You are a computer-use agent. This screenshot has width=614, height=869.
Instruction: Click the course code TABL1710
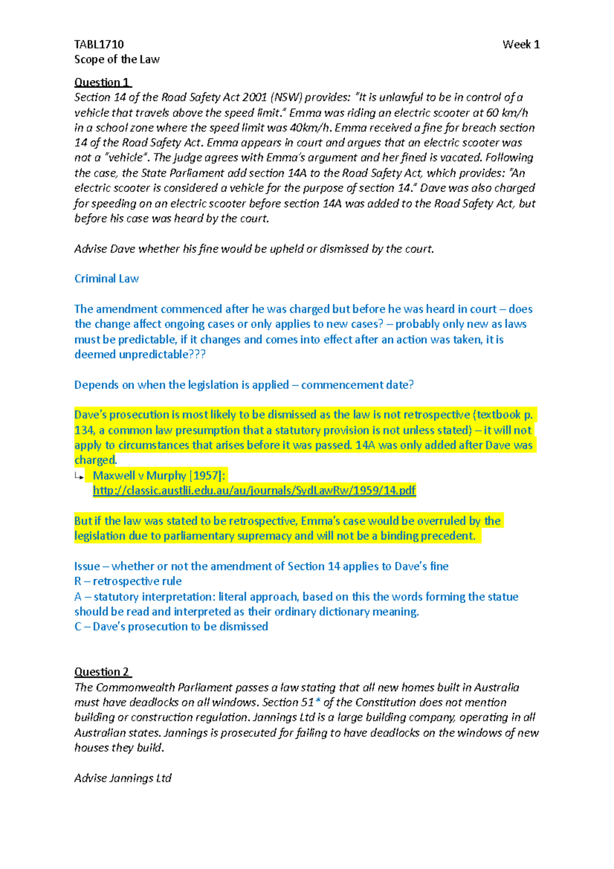99,45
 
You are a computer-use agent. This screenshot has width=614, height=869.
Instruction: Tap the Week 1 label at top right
520,45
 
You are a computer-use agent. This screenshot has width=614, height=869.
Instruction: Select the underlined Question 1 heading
102,82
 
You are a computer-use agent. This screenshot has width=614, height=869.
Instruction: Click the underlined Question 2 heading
102,672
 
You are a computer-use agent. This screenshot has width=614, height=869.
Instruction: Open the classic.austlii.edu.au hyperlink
254,491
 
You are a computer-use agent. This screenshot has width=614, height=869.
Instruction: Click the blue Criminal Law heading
106,279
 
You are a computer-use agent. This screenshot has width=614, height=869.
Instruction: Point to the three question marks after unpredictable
198,355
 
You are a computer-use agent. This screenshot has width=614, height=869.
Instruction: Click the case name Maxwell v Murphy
139,475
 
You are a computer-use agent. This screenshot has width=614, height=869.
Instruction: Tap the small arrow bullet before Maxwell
79,476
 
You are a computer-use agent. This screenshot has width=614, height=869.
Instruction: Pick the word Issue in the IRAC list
87,567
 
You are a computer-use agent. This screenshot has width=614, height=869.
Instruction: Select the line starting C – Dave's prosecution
171,627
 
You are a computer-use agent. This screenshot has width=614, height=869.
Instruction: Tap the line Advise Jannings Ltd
123,778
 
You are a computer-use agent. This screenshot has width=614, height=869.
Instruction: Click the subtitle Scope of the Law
117,59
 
